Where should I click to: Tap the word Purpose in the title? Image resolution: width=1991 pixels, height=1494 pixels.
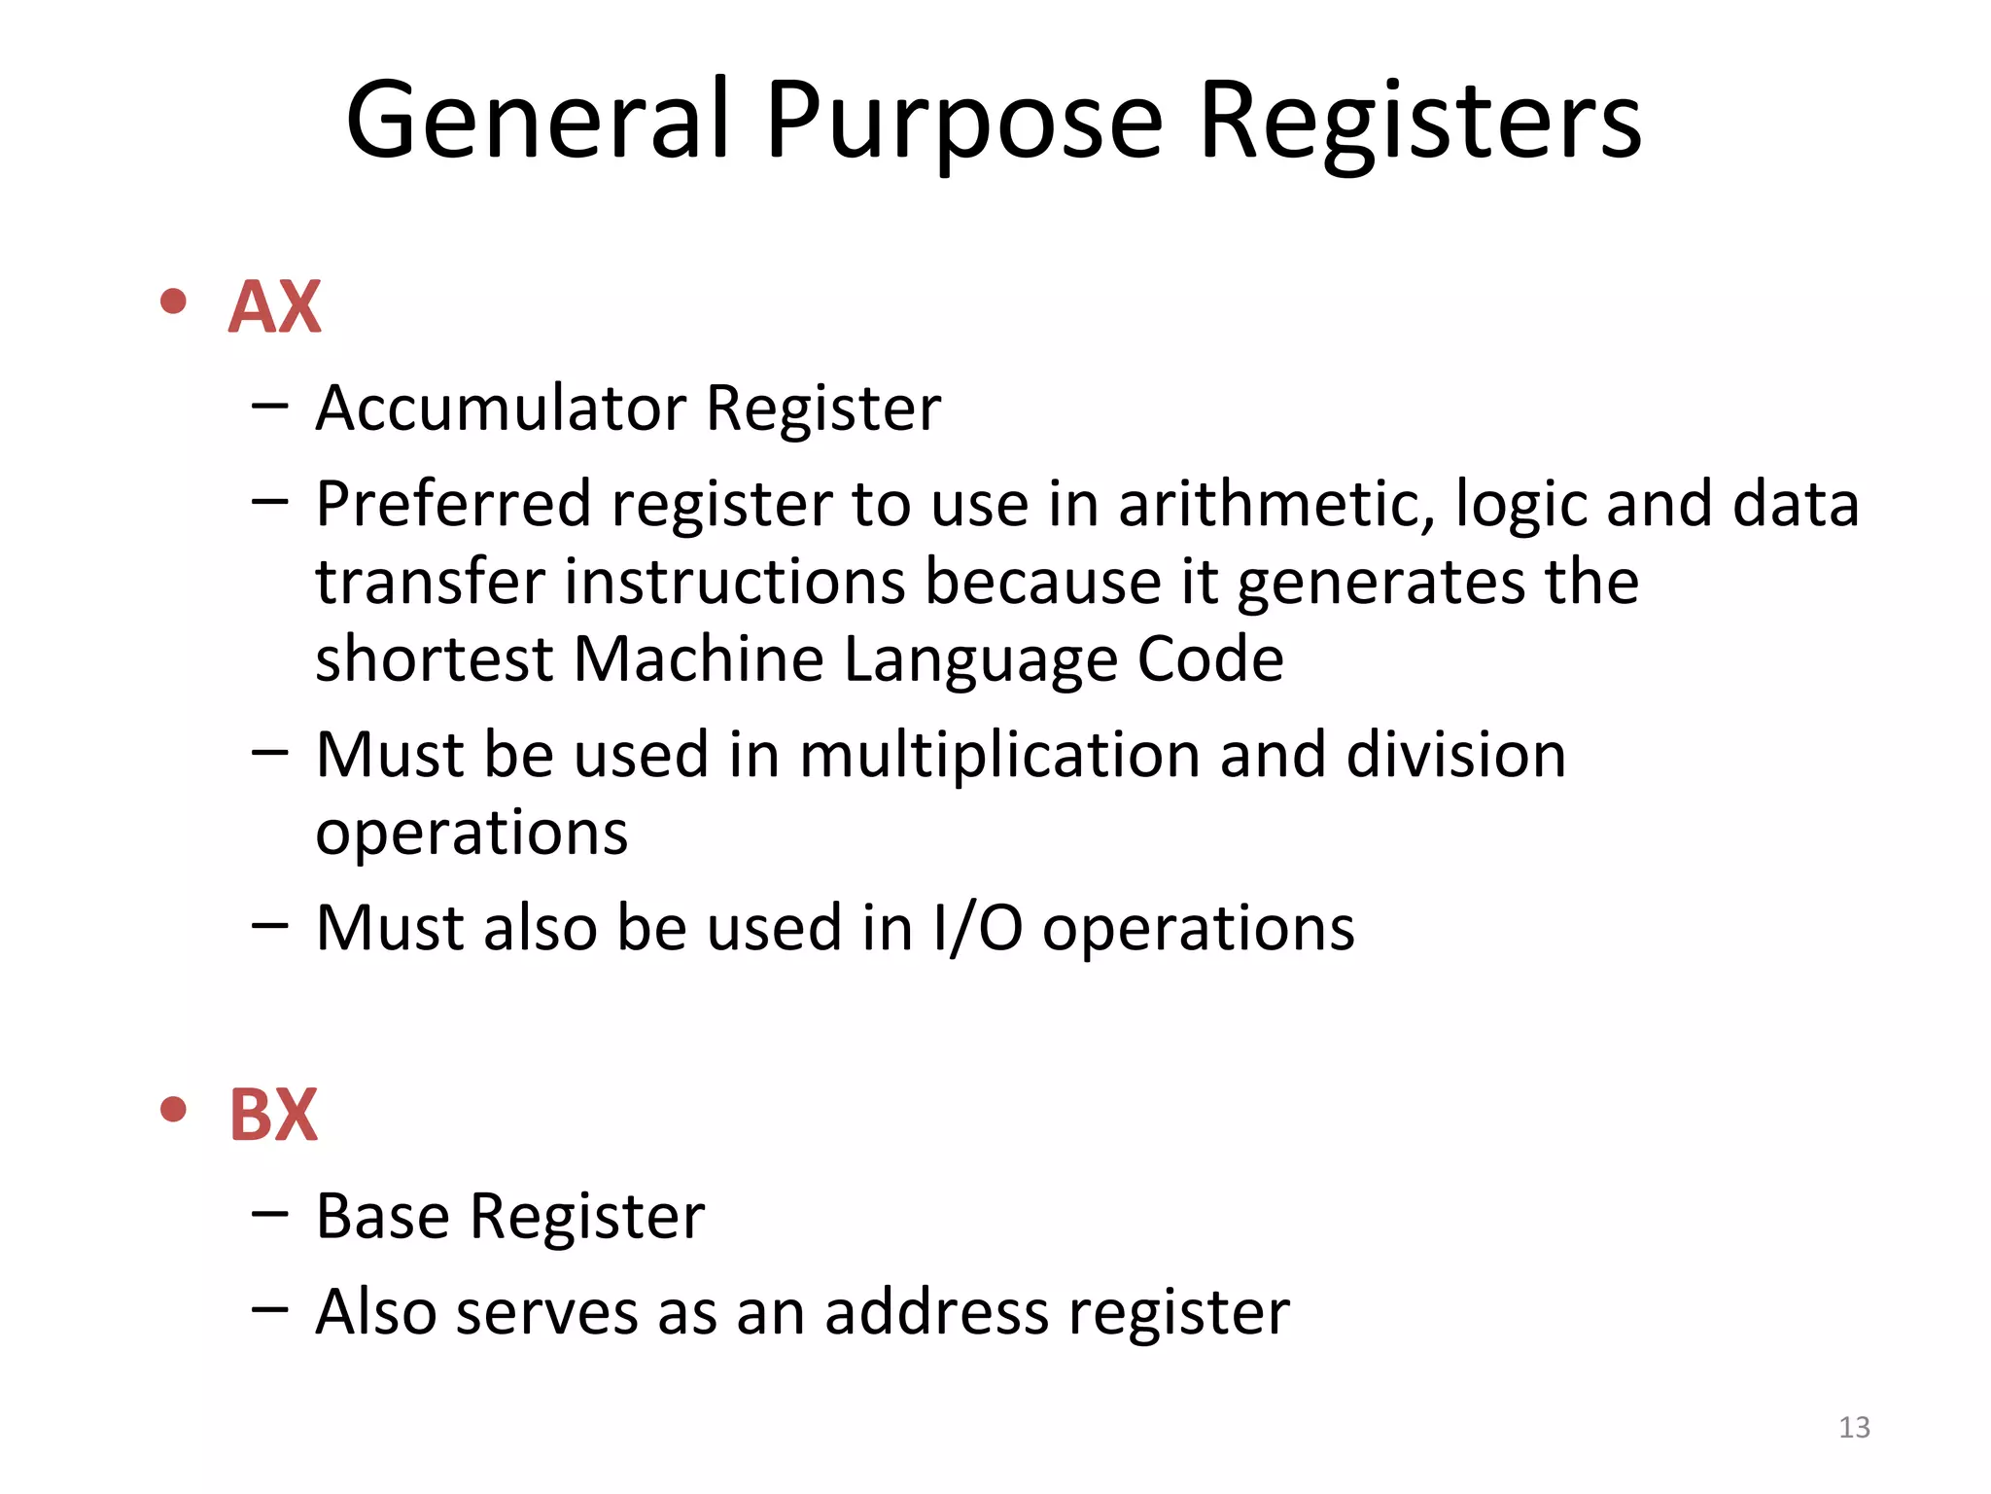coord(963,122)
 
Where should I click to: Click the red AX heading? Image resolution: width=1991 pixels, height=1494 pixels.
coord(274,307)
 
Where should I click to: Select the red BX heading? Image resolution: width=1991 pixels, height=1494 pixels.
coord(273,1115)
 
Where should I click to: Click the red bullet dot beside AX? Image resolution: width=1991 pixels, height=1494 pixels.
coord(173,302)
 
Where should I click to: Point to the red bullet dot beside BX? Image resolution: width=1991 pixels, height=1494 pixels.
coord(173,1109)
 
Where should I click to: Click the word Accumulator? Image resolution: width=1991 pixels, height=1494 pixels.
coord(500,408)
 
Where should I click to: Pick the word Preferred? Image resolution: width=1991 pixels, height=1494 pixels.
coord(453,505)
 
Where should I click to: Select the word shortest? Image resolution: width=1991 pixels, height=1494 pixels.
coord(434,658)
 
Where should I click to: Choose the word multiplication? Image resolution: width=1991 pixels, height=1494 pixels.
coord(999,756)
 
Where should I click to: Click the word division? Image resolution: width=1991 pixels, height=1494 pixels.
coord(1455,754)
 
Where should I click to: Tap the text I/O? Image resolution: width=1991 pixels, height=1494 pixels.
coord(977,928)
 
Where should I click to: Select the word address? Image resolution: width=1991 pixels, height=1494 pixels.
coord(936,1312)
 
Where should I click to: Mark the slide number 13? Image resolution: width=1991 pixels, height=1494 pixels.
coord(1854,1427)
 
